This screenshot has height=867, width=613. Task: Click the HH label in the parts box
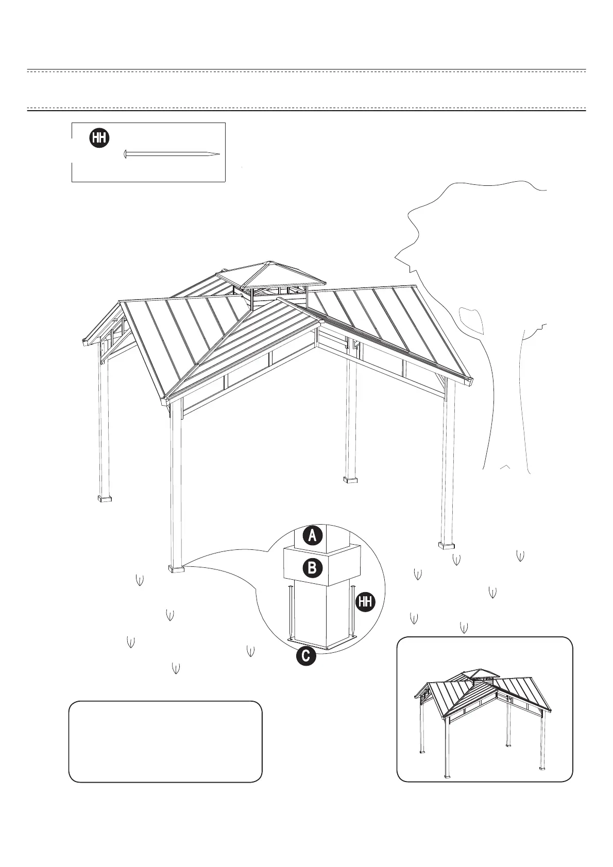coord(100,138)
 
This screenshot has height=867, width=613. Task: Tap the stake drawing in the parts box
coord(172,154)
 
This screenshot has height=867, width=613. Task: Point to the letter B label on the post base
coord(312,568)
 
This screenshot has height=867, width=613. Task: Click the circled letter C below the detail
coord(305,656)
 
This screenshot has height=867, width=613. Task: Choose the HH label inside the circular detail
coord(365,602)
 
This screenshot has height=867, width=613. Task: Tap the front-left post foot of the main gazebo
coord(176,569)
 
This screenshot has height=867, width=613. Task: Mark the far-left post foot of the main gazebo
coord(105,498)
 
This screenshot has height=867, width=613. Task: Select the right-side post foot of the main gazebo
coord(446,545)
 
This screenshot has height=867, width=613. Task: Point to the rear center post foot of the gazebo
coord(350,480)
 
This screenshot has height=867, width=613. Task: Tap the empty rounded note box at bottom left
coord(165,741)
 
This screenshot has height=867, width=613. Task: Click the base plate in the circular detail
coord(322,643)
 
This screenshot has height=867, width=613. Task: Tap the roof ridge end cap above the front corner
coord(320,323)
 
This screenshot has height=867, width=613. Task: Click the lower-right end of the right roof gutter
coord(470,382)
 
